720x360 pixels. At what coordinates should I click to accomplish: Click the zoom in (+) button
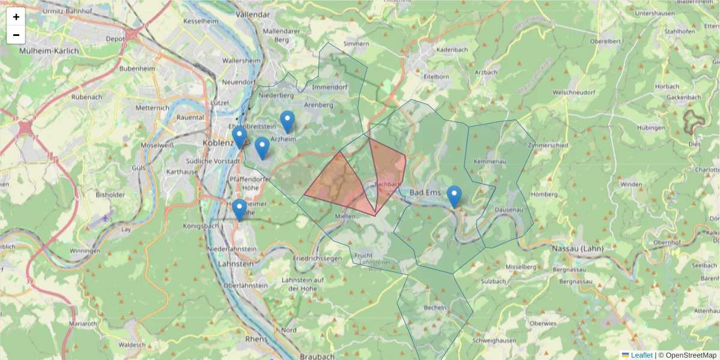[16, 17]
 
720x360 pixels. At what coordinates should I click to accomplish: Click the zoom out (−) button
[16, 35]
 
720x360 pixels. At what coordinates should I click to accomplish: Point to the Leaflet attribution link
[641, 355]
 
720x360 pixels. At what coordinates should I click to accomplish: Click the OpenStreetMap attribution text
[691, 355]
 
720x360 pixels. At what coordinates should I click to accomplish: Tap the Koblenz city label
[218, 143]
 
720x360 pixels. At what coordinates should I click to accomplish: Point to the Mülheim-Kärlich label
[49, 51]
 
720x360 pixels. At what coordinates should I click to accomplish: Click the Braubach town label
[316, 356]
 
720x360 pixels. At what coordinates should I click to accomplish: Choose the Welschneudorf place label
[574, 92]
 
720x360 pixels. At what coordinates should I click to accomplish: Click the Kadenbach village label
[452, 49]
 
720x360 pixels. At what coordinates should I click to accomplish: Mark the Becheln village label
[435, 308]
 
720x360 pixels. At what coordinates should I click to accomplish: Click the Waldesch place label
[131, 345]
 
